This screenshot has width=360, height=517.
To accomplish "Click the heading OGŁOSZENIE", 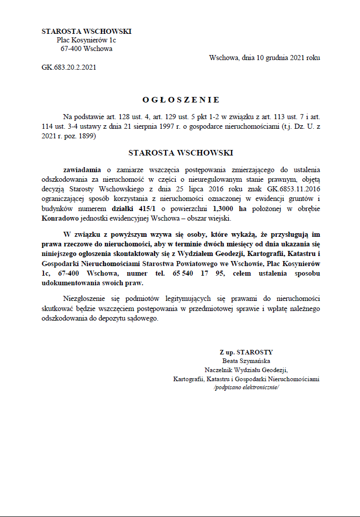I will [180, 100].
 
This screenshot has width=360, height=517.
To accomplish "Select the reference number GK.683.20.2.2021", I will [69, 67].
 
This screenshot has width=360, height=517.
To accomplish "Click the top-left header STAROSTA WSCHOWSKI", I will [86, 31].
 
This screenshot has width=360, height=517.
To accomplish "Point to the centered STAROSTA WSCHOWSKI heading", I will [180, 152].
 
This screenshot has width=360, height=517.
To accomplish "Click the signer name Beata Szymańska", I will [246, 361].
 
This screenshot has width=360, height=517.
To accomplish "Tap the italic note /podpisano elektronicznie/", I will [246, 387].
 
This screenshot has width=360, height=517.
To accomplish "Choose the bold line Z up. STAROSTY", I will [246, 352].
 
